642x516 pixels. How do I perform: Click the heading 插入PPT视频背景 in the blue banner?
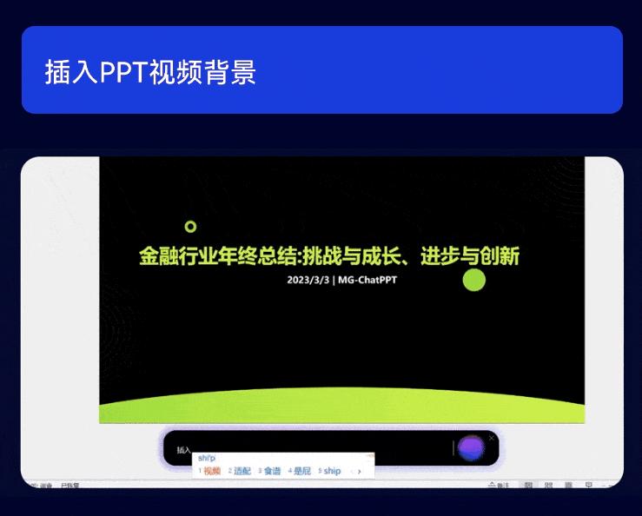(x=150, y=72)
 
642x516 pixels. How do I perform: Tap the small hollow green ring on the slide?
(x=191, y=227)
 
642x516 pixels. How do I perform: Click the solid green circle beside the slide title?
(x=473, y=280)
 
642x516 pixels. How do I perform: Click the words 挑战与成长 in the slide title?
(x=350, y=257)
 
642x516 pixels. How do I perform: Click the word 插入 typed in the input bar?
(x=183, y=450)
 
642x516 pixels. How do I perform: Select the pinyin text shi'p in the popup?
(x=206, y=458)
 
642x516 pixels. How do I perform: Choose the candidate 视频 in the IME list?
(x=212, y=471)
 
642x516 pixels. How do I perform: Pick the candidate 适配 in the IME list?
(x=242, y=471)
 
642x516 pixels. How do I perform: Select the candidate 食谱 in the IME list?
(x=272, y=471)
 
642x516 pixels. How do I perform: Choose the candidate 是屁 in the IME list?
(x=301, y=471)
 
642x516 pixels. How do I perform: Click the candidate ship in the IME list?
(x=332, y=471)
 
